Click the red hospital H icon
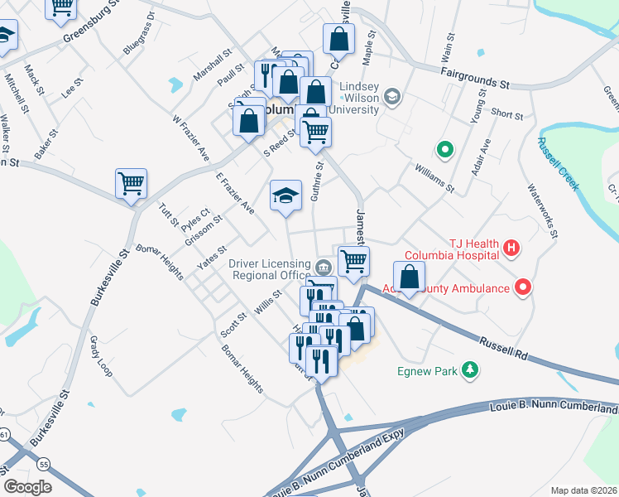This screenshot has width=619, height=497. (x=511, y=248)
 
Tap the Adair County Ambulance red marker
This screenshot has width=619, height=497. (x=523, y=288)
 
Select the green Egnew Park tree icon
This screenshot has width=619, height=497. (x=471, y=369)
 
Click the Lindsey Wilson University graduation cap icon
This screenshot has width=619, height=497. (x=391, y=98)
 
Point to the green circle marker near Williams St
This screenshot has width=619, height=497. (x=444, y=150)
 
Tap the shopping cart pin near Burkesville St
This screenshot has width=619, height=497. (x=132, y=183)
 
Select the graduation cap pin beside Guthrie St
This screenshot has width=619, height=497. (x=285, y=195)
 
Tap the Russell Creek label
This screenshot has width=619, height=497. (x=558, y=163)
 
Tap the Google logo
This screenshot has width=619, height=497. (x=28, y=486)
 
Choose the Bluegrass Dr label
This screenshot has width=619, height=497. (x=139, y=33)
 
